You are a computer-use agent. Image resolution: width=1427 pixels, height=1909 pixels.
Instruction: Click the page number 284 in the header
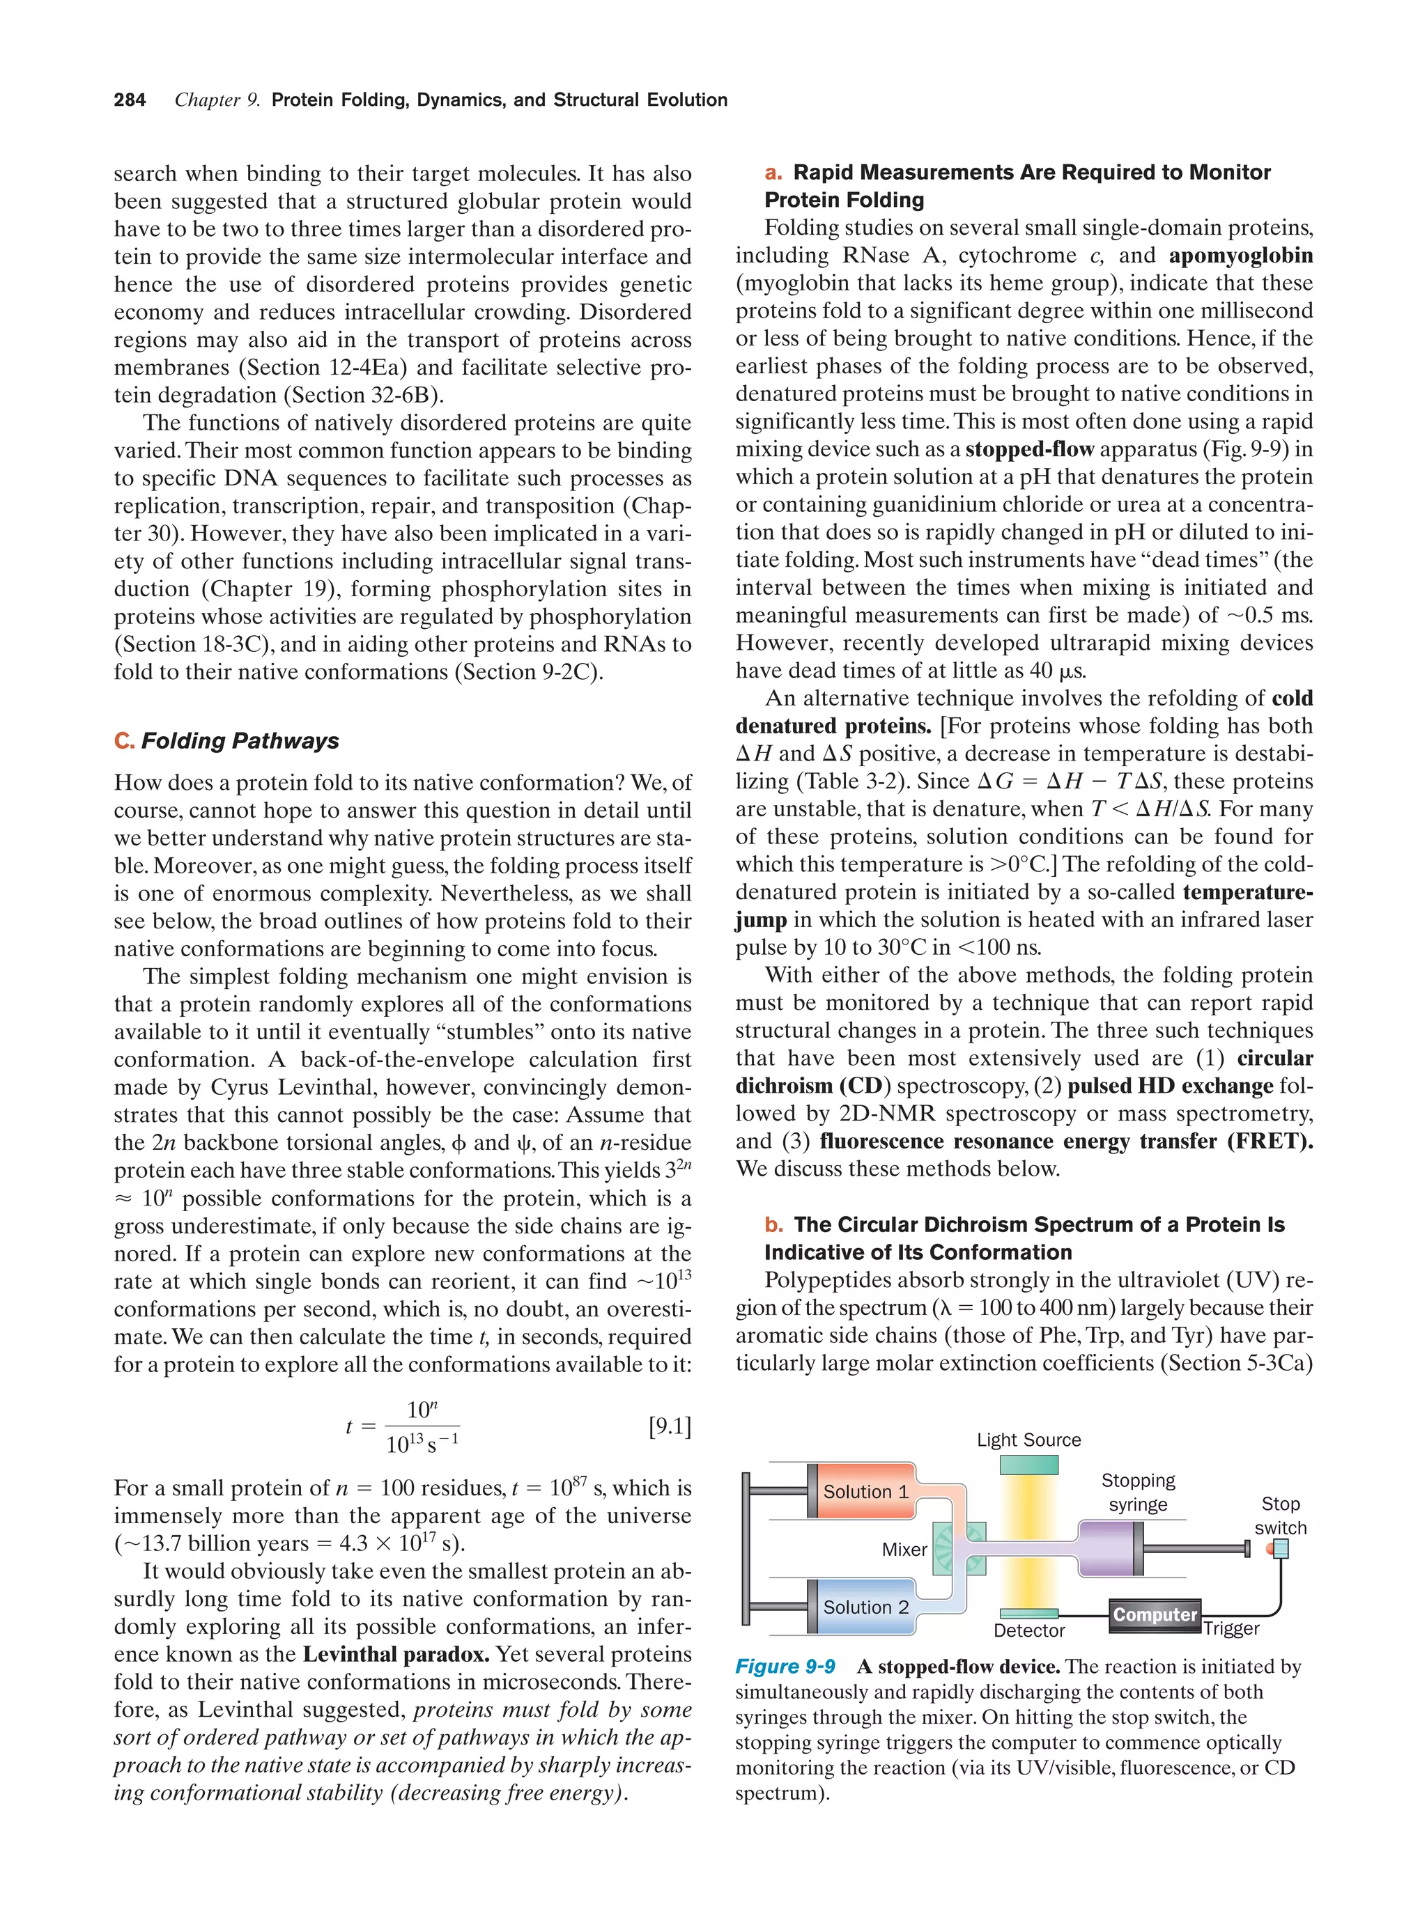pos(130,100)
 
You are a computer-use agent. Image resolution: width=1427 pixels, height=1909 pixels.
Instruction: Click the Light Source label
pos(1028,1440)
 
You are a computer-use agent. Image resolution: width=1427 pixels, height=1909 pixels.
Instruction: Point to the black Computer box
pos(1154,1614)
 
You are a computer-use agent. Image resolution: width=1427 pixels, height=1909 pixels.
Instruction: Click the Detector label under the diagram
pos(1029,1630)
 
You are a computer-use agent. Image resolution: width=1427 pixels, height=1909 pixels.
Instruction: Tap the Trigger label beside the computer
pos(1231,1628)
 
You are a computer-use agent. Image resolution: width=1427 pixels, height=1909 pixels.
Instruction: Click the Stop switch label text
pos(1280,1515)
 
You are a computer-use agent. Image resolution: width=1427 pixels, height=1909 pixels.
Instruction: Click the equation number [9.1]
pos(670,1426)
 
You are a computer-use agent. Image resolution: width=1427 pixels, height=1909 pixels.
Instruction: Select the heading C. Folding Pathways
pos(226,740)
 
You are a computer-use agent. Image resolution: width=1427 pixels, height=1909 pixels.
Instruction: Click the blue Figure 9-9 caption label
pos(785,1667)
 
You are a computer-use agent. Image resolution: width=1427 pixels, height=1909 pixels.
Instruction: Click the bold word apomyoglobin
pos(1240,256)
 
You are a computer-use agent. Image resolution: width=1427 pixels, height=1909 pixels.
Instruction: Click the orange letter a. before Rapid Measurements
pos(773,173)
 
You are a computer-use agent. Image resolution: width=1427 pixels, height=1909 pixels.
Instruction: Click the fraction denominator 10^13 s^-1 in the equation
pos(422,1443)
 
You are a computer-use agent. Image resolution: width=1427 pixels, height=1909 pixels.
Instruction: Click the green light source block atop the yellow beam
pos(1028,1465)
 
